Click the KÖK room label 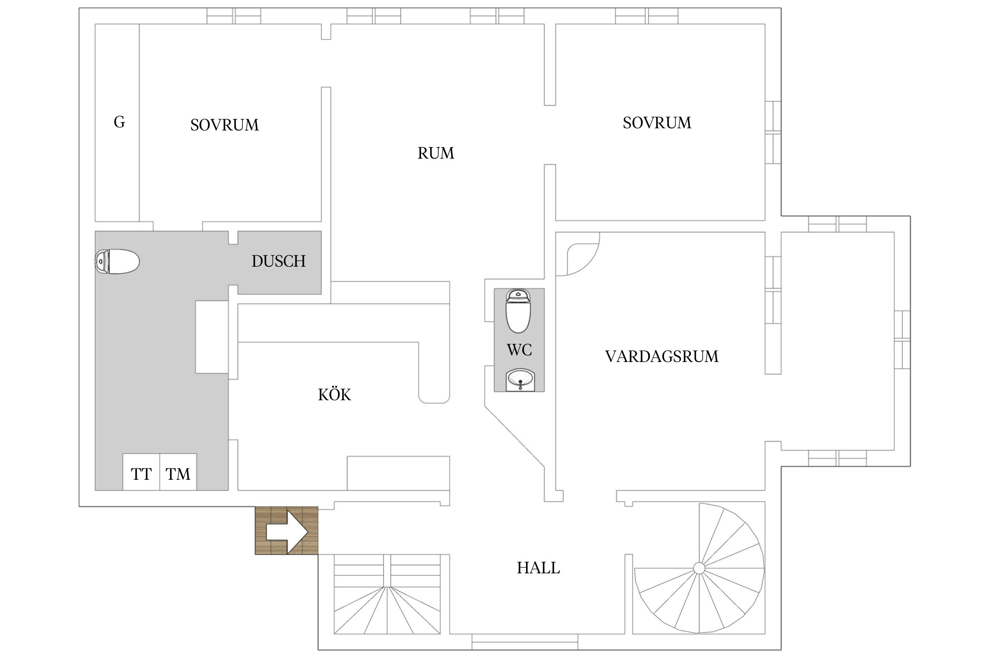pos(334,395)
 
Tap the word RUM pos(436,153)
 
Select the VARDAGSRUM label pos(661,356)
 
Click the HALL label pos(538,568)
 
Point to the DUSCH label pos(278,261)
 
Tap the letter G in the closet pos(119,122)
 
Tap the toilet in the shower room pos(117,261)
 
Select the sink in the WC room pos(519,379)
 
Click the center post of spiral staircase pos(699,568)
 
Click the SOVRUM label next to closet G pos(224,125)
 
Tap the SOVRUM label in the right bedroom pos(657,123)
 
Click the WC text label pos(519,350)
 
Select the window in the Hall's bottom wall pos(525,642)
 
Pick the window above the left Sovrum pos(234,16)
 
